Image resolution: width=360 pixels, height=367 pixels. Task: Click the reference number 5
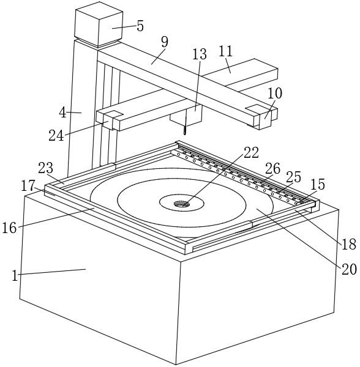pos(140,26)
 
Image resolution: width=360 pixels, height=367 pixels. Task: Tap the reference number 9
pos(165,42)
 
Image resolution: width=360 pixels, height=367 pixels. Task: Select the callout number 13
pos(200,54)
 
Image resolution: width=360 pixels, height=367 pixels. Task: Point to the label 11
pos(225,51)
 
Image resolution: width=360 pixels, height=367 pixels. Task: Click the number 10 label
pos(275,93)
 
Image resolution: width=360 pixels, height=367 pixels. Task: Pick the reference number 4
pos(62,113)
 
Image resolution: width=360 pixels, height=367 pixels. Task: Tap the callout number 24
pos(56,136)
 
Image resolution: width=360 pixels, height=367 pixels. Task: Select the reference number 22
pos(251,152)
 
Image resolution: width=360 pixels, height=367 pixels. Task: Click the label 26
pos(272,169)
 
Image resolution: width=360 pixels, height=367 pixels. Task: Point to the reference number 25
pos(293,177)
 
